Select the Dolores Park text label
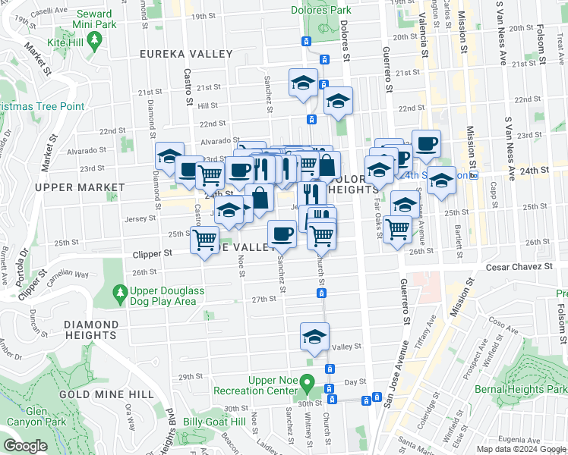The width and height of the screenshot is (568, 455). tap(320, 10)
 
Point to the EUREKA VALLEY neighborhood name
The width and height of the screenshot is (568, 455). tap(186, 54)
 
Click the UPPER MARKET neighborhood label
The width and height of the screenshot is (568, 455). tap(79, 187)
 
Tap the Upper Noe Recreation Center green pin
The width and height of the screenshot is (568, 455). tap(307, 381)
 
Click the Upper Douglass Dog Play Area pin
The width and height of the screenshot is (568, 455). tap(119, 292)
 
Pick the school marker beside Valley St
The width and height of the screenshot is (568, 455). tap(314, 336)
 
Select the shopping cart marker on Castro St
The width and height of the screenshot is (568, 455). tap(204, 240)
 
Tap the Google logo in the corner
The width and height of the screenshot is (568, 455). tap(24, 446)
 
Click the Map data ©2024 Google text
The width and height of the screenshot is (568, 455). tap(520, 449)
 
